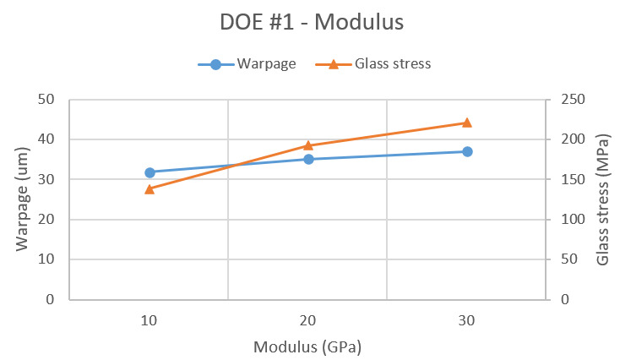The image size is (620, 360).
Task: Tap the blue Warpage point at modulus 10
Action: [150, 172]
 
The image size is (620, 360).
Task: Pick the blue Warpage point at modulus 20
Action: [308, 159]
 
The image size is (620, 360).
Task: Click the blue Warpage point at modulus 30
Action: [467, 151]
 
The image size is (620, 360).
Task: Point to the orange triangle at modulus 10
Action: [150, 189]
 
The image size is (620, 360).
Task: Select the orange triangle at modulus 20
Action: [308, 145]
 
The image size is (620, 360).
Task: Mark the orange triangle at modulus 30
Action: [467, 123]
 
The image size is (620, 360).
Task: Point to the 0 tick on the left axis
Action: [50, 299]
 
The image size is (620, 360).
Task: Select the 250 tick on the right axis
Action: [565, 100]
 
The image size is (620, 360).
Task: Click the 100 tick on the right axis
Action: [565, 220]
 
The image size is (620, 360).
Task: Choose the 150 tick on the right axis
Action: [565, 179]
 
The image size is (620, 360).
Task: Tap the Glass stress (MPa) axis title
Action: [602, 199]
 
